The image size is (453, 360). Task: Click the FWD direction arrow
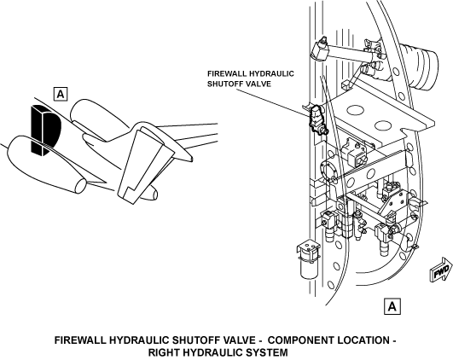click(x=441, y=270)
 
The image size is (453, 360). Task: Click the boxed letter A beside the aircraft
click(x=61, y=94)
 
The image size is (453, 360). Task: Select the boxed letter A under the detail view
click(x=392, y=306)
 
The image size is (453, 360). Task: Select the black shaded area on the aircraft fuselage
click(x=45, y=131)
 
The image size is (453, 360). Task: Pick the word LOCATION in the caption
click(x=363, y=340)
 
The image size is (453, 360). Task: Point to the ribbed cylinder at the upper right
click(x=421, y=67)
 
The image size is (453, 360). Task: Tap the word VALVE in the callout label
click(x=261, y=84)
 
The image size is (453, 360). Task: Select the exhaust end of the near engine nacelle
click(x=80, y=186)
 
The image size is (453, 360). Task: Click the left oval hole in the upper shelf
click(x=355, y=109)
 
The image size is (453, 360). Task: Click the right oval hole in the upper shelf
click(x=383, y=125)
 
